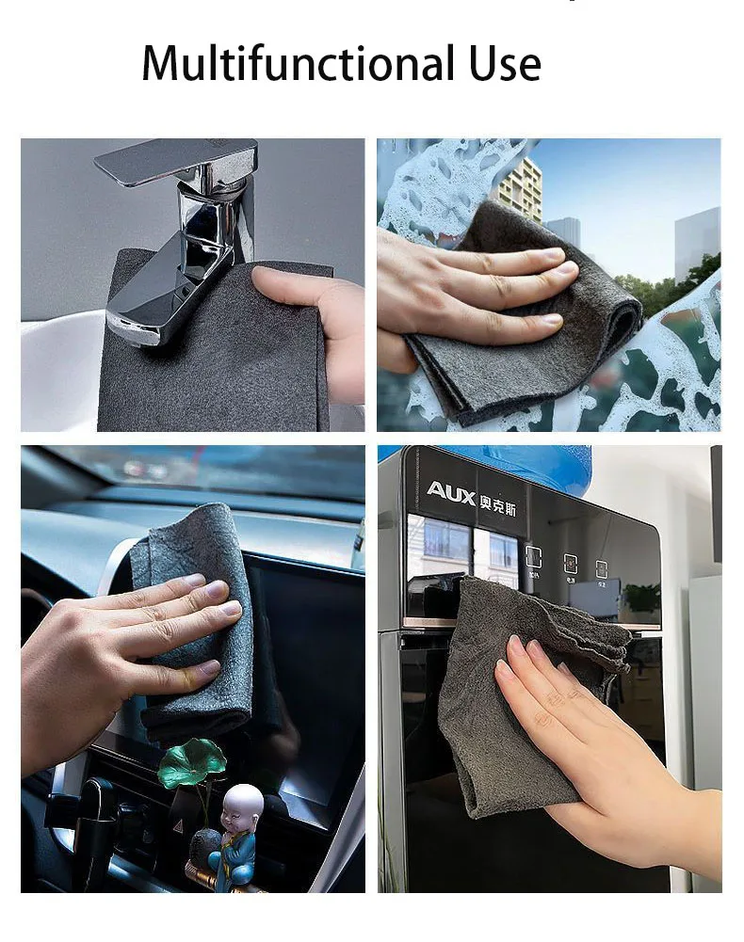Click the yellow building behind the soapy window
(x=519, y=188)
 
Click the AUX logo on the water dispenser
(x=450, y=490)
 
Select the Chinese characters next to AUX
(x=505, y=491)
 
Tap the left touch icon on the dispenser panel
(x=533, y=557)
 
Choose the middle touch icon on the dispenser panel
(x=571, y=564)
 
